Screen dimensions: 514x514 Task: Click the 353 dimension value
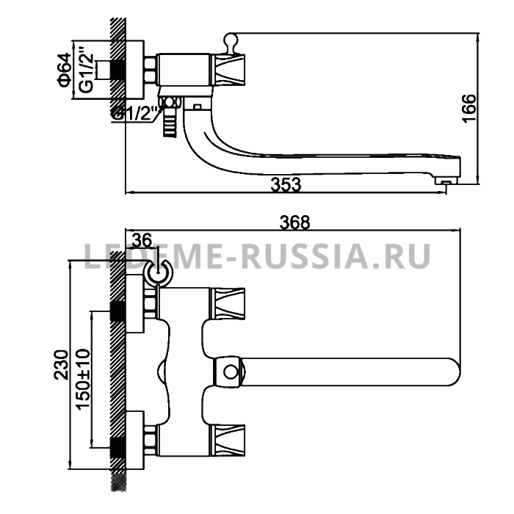(286, 184)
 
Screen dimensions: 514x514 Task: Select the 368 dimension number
(294, 222)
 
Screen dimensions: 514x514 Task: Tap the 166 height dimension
(468, 109)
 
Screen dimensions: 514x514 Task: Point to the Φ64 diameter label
(65, 70)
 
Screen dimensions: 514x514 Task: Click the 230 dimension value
(61, 365)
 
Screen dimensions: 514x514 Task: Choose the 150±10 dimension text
(83, 380)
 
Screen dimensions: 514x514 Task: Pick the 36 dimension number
(142, 240)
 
